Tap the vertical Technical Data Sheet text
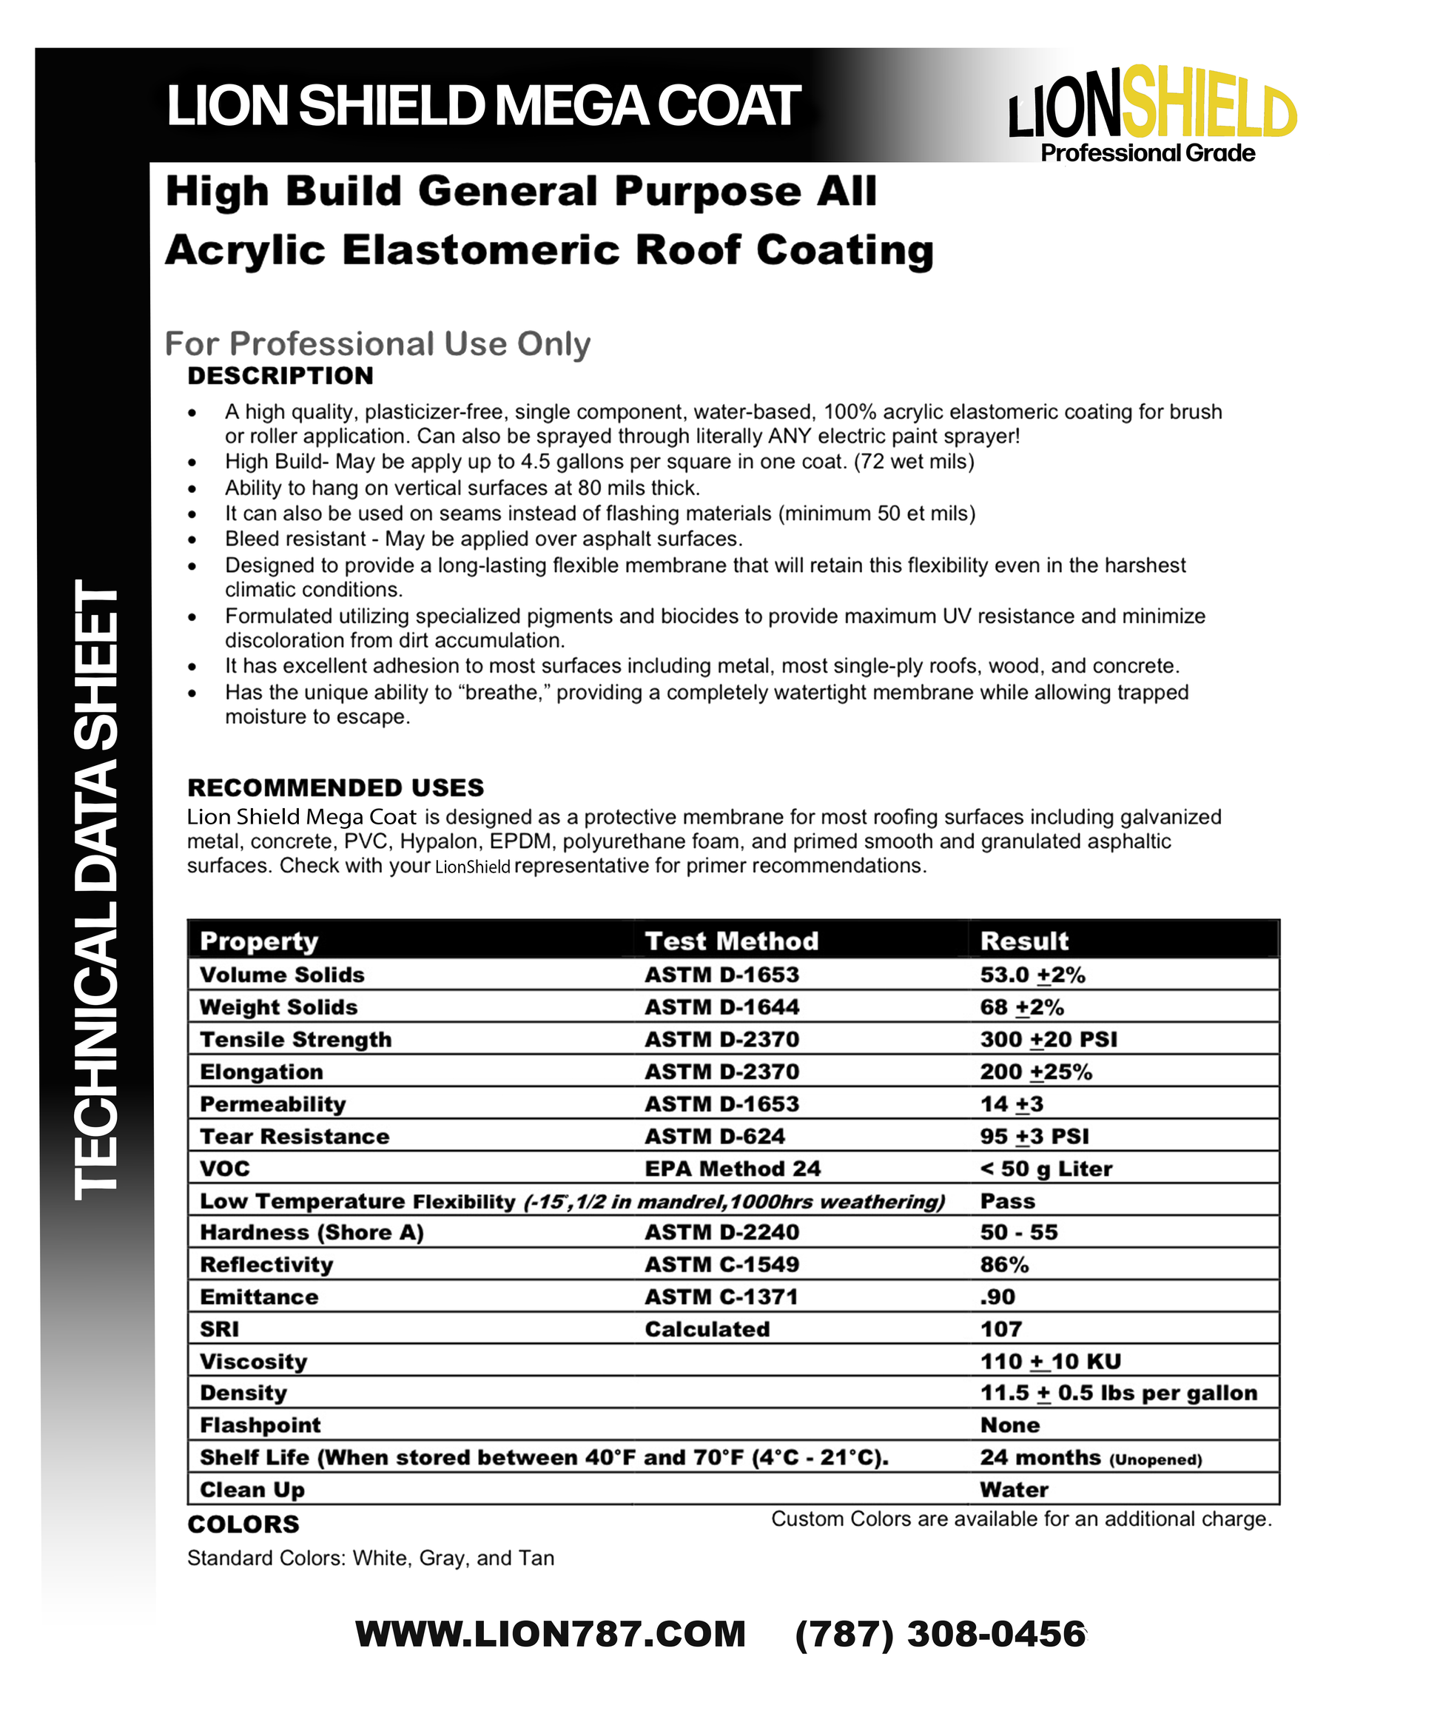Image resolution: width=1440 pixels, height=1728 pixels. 97,889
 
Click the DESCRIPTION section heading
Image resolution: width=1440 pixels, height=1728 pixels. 280,376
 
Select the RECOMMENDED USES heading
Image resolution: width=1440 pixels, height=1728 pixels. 336,787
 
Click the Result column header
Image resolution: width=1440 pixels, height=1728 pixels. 1023,941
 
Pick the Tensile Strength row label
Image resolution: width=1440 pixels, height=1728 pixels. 295,1039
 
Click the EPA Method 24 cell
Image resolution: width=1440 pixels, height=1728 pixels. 733,1169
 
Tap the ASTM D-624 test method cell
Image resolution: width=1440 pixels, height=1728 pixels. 714,1137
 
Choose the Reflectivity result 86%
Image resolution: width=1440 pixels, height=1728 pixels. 1004,1265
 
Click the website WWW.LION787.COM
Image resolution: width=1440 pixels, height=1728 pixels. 550,1634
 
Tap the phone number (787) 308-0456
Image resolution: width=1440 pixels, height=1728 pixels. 940,1634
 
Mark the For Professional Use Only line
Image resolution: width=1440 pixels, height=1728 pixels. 377,344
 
